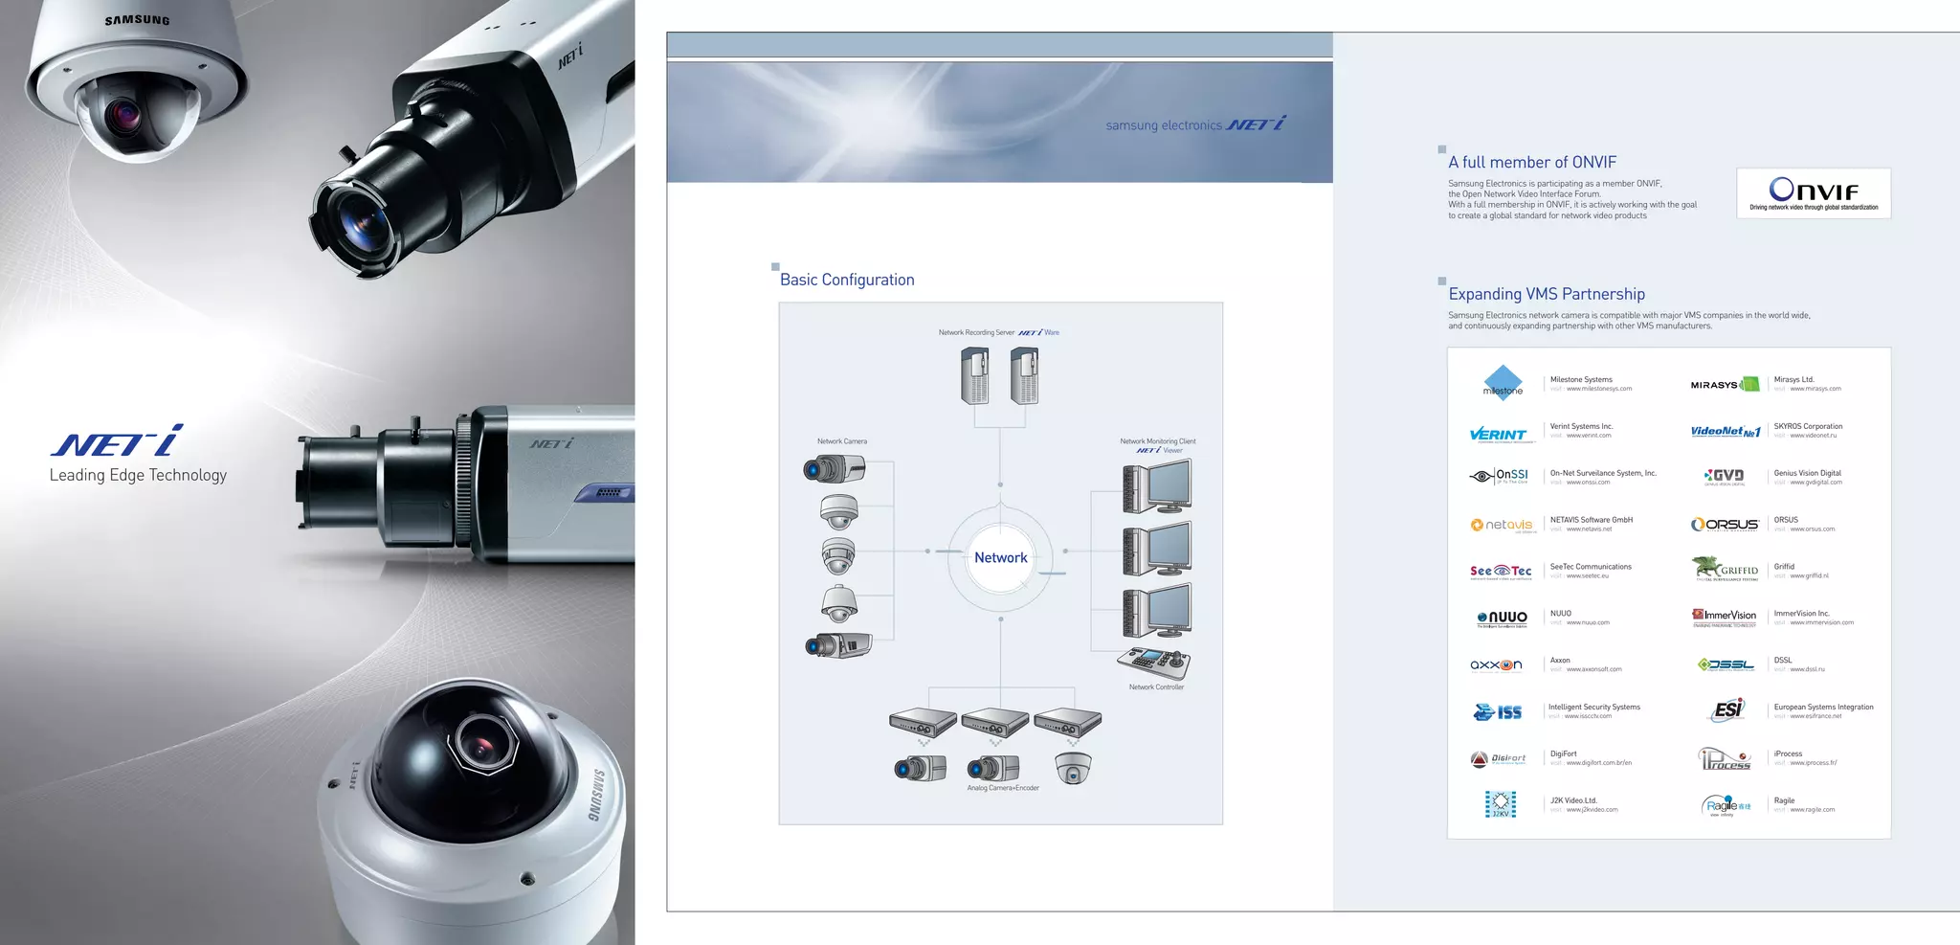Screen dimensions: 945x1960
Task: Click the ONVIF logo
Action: [1813, 192]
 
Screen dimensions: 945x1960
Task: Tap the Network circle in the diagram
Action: [1000, 557]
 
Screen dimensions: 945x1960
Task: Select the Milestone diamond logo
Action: [1503, 382]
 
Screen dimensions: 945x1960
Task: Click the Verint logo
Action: [1499, 435]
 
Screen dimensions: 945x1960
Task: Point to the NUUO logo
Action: [1503, 619]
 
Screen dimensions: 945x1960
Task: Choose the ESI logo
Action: [1727, 710]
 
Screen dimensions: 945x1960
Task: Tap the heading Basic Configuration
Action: [847, 280]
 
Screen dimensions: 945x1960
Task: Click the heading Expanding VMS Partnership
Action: [1547, 294]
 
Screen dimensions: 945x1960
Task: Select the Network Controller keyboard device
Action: [1153, 663]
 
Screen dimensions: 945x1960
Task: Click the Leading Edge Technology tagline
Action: [138, 475]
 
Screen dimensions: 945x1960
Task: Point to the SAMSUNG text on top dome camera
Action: [137, 20]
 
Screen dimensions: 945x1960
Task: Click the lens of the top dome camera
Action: [123, 116]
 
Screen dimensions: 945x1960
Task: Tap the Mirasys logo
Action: [1724, 385]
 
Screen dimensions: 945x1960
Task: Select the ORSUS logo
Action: [1725, 525]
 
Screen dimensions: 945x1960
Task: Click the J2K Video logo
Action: [1501, 804]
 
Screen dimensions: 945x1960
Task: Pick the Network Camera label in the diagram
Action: [842, 441]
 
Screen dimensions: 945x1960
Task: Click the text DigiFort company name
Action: [1563, 754]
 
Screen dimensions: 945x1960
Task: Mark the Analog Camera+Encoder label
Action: [1002, 788]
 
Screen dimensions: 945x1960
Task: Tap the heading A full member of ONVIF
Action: [1532, 163]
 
